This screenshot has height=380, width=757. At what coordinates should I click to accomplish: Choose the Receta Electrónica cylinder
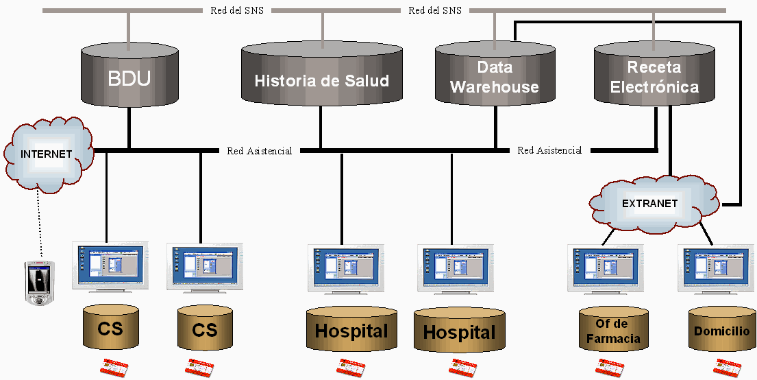click(x=654, y=77)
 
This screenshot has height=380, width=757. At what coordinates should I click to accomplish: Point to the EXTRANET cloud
click(x=649, y=204)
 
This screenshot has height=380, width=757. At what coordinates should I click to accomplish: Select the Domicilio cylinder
click(x=721, y=331)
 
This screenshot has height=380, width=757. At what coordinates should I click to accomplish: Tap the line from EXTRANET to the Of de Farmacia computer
click(x=606, y=235)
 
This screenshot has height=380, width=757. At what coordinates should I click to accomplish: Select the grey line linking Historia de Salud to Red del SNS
click(x=321, y=27)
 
